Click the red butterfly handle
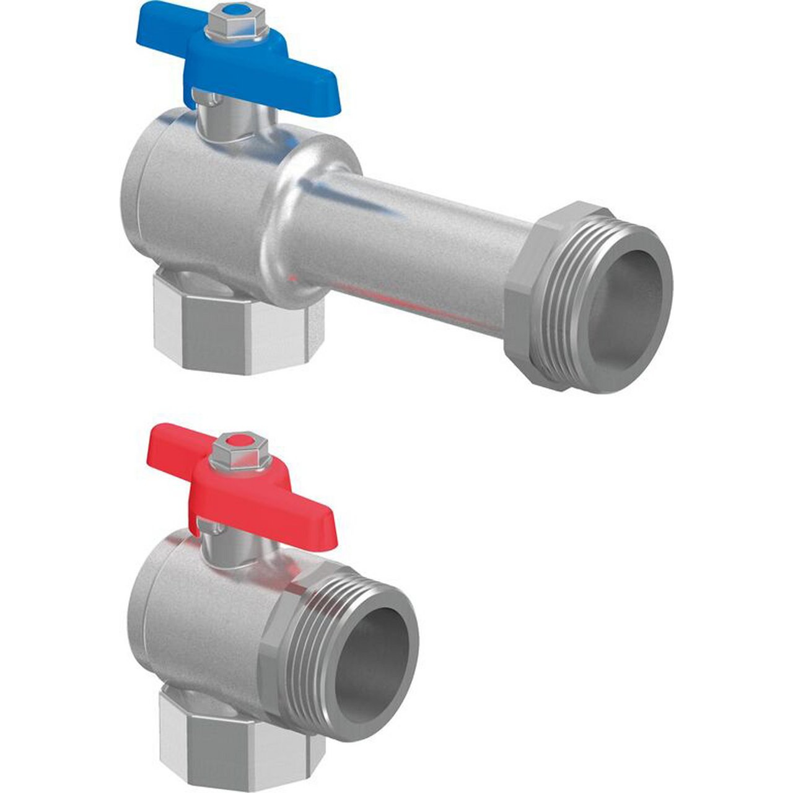click(x=260, y=489)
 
